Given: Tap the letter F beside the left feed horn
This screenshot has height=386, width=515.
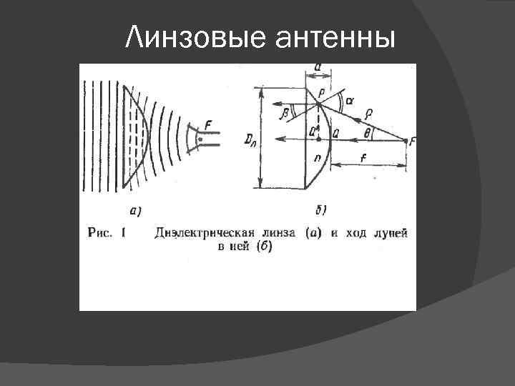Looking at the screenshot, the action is click(x=207, y=125).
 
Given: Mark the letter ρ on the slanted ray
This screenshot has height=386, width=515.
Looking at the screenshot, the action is click(x=369, y=112).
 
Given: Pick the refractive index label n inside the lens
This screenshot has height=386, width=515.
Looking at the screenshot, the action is click(x=315, y=159).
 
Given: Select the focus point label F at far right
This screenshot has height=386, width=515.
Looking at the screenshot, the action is click(x=411, y=142).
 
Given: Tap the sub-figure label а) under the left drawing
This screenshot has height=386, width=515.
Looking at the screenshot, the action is click(x=135, y=209).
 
